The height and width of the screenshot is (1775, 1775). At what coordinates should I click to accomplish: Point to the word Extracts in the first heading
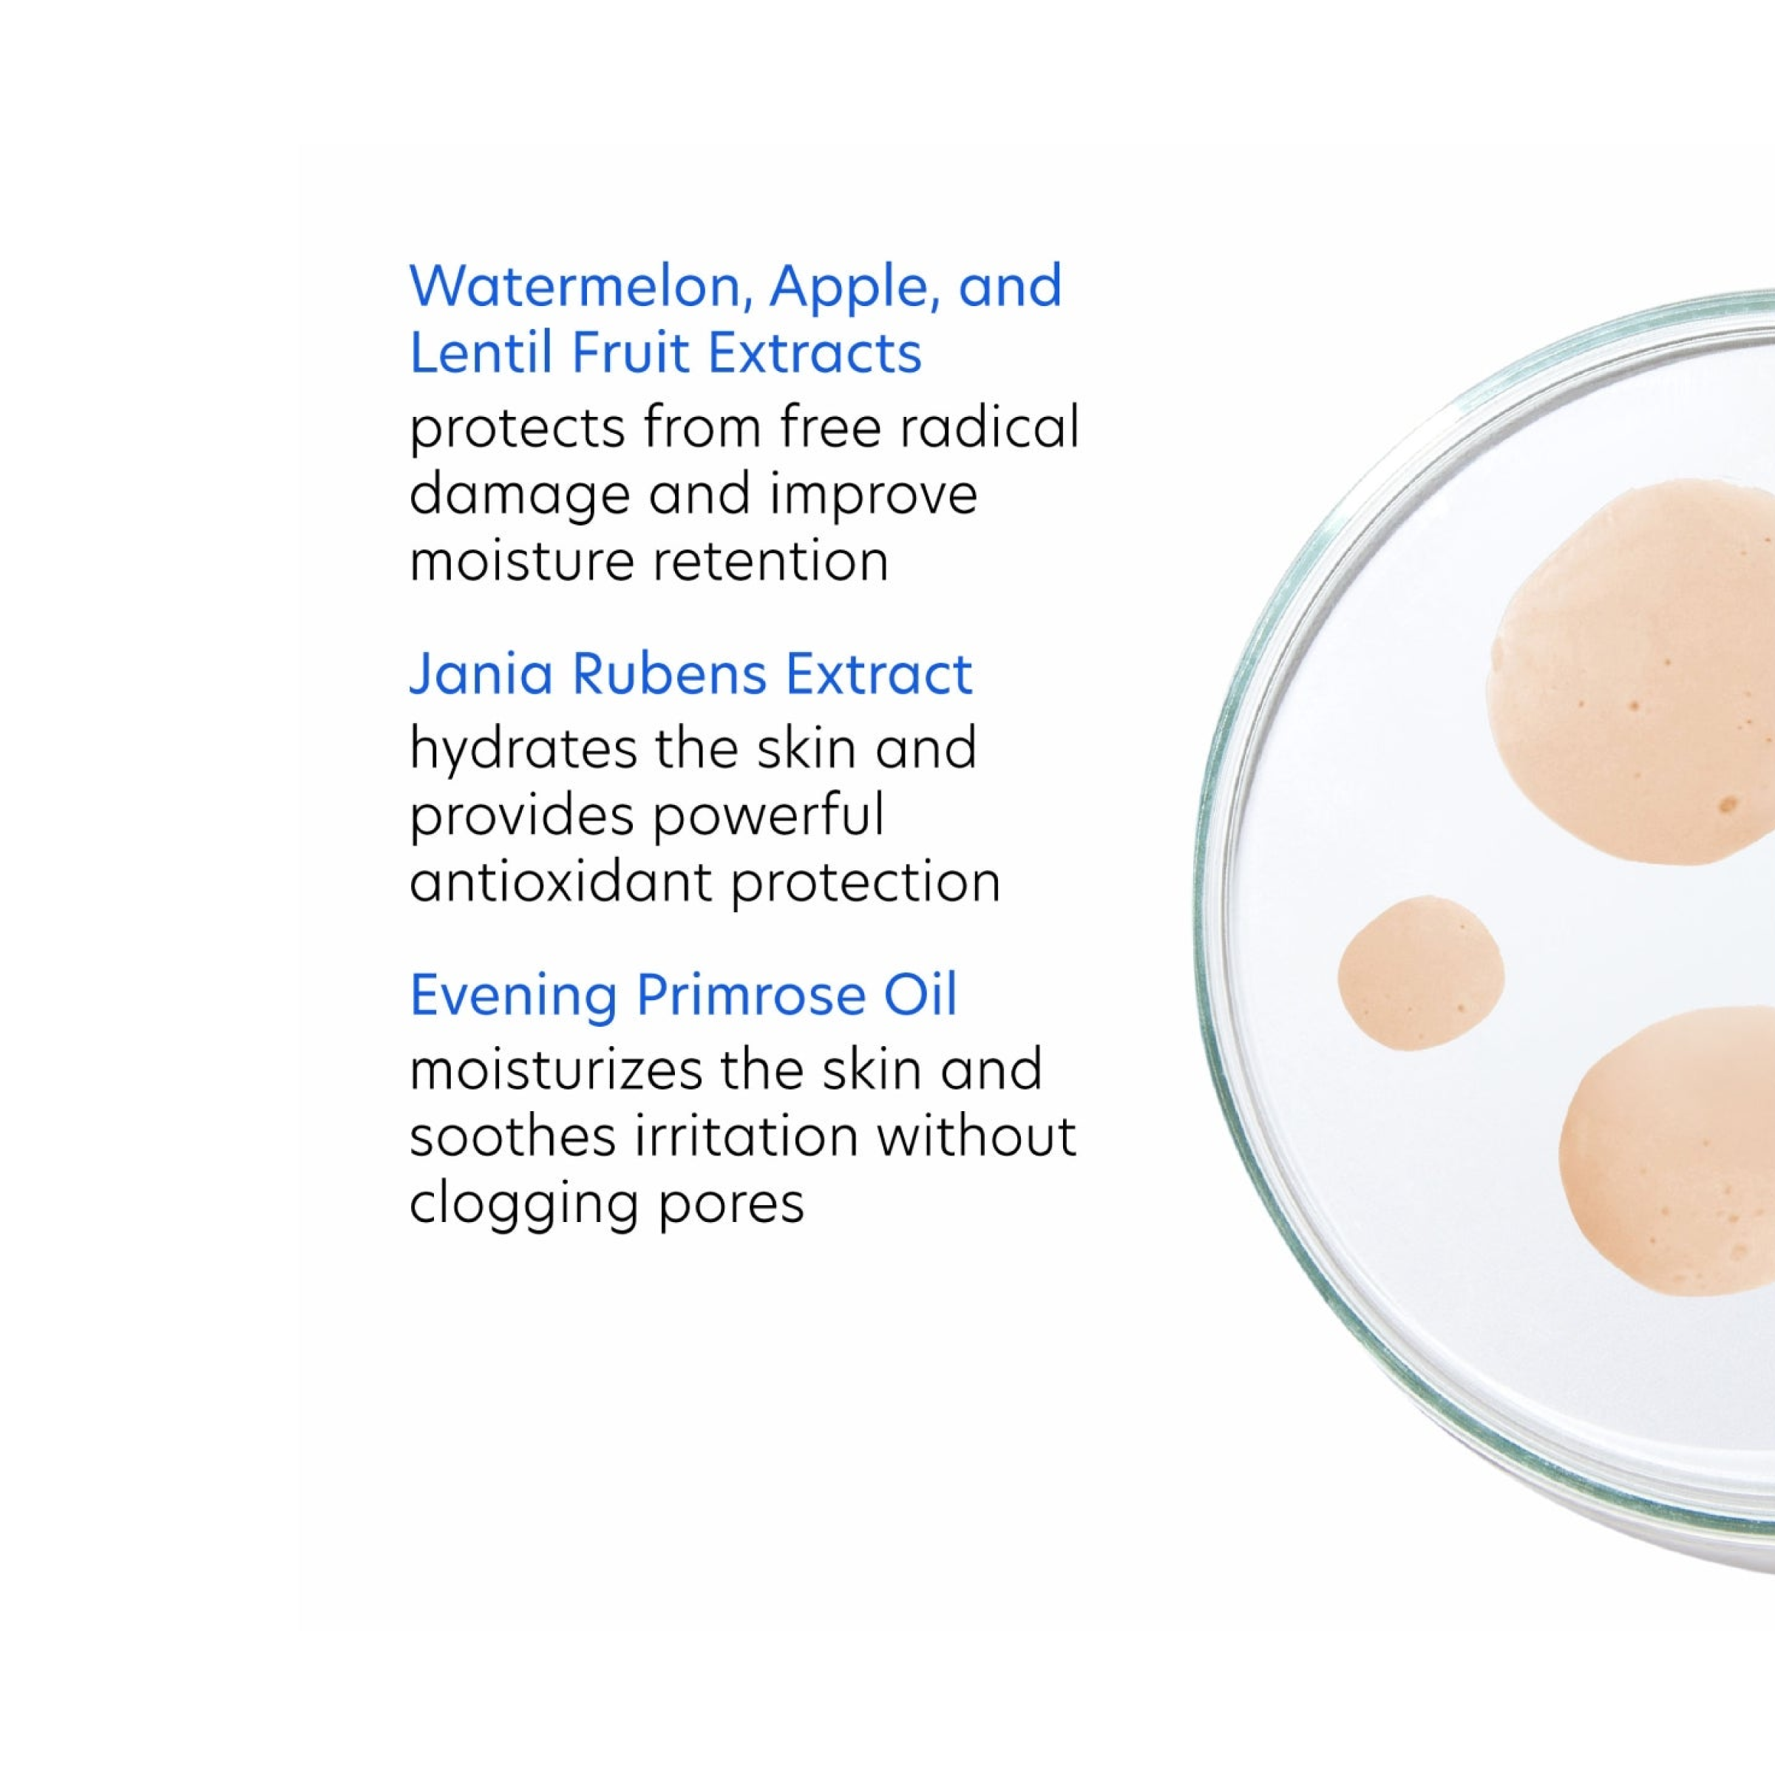pos(814,353)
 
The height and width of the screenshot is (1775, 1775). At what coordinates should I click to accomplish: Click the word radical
pos(988,427)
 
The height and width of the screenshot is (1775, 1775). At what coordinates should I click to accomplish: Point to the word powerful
pos(767,816)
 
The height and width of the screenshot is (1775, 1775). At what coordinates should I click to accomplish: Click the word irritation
pos(746,1136)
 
